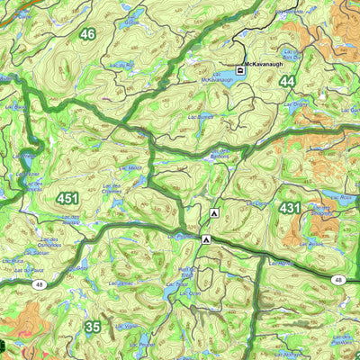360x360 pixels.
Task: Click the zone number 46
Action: tap(86, 34)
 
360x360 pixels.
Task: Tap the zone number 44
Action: tap(287, 81)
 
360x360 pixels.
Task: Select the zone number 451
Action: tap(67, 198)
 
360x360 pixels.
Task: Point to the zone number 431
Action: tap(290, 208)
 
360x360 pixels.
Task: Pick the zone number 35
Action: tap(93, 327)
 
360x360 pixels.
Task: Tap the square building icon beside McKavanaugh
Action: tap(240, 69)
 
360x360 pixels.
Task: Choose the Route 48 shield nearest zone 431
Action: tap(337, 280)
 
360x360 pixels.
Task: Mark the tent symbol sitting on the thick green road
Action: tap(206, 240)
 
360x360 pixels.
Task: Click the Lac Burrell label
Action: tap(199, 117)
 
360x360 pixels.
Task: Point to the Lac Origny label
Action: tap(297, 104)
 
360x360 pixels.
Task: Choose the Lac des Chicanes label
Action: tap(112, 191)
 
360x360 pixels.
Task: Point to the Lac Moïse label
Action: tap(130, 167)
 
